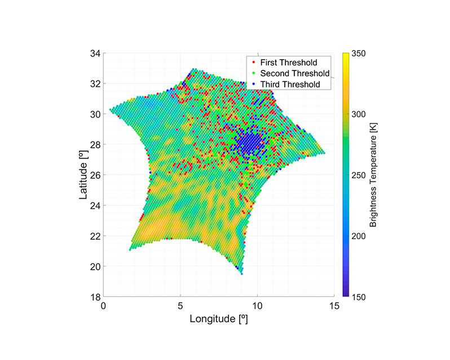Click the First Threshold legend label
pos(289,63)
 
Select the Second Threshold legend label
pos(295,73)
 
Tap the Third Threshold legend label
pos(290,85)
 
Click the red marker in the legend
pos(253,62)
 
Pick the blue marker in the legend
pos(253,84)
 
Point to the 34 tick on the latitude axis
pos(95,54)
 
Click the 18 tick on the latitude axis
pos(95,297)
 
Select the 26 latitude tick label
pos(95,175)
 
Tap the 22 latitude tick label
pos(95,236)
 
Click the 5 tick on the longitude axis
pos(180,306)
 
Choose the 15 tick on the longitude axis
pos(334,306)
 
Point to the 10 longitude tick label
pos(258,306)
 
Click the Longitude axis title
pos(219,319)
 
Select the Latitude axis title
pos(83,175)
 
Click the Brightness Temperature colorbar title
pos(373,175)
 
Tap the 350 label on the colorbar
pos(359,54)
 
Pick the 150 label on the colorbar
pos(359,297)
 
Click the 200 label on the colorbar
pos(359,236)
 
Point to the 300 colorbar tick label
pos(359,114)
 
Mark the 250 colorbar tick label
pos(359,175)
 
